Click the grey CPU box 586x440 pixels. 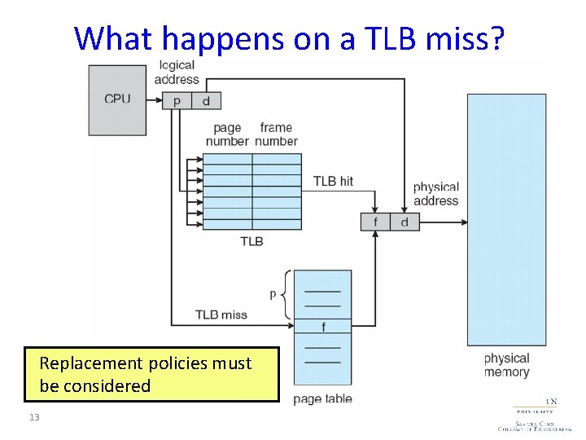point(117,100)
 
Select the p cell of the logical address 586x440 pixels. point(177,100)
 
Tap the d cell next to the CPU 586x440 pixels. point(206,100)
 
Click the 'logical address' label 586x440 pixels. point(177,72)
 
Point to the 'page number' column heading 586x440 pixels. point(227,134)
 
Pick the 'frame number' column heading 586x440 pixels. point(276,134)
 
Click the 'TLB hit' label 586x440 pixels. point(333,181)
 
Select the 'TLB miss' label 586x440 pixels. point(221,315)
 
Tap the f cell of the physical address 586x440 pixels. point(375,222)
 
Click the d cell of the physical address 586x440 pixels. point(405,222)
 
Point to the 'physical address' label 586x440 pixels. point(436,194)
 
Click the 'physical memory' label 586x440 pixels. point(506,365)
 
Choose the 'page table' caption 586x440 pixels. point(322,399)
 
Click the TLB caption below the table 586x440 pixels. point(251,241)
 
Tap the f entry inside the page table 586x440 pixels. point(323,327)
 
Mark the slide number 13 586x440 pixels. point(33,417)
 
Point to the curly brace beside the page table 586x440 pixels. point(286,294)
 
